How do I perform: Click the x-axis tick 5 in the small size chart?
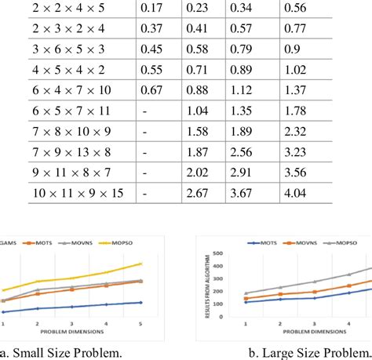(x=140, y=312)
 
